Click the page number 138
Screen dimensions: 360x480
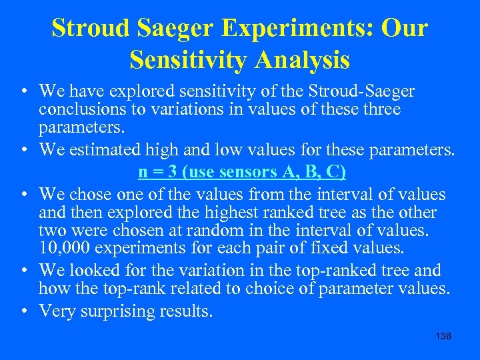click(x=443, y=336)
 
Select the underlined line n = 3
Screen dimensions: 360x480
click(x=242, y=172)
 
